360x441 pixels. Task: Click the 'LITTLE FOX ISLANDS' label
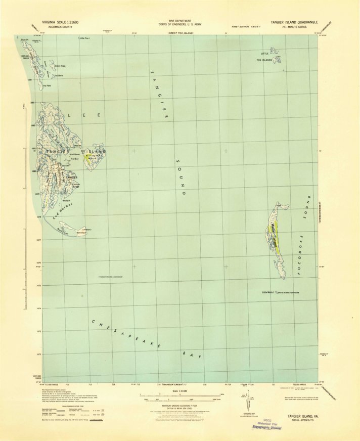click(266, 57)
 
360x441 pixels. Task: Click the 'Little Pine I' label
click(84, 38)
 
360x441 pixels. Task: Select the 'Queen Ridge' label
click(60, 66)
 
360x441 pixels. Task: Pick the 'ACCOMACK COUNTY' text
click(55, 28)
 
